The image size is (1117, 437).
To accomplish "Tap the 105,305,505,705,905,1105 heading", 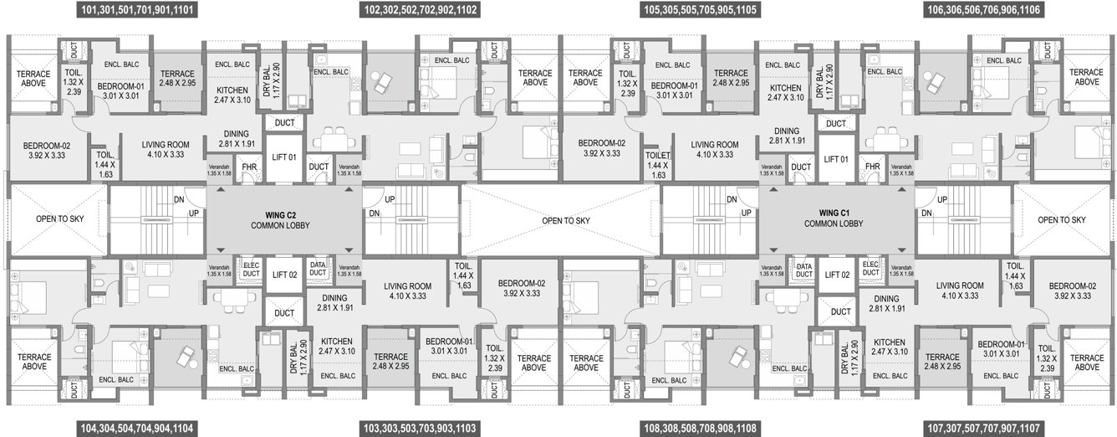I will point(700,11).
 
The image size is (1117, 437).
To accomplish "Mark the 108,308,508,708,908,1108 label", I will point(700,427).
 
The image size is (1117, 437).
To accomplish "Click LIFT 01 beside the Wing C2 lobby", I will point(284,159).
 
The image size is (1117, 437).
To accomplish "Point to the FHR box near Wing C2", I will point(249,167).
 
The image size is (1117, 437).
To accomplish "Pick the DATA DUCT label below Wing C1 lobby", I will point(803,269).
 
